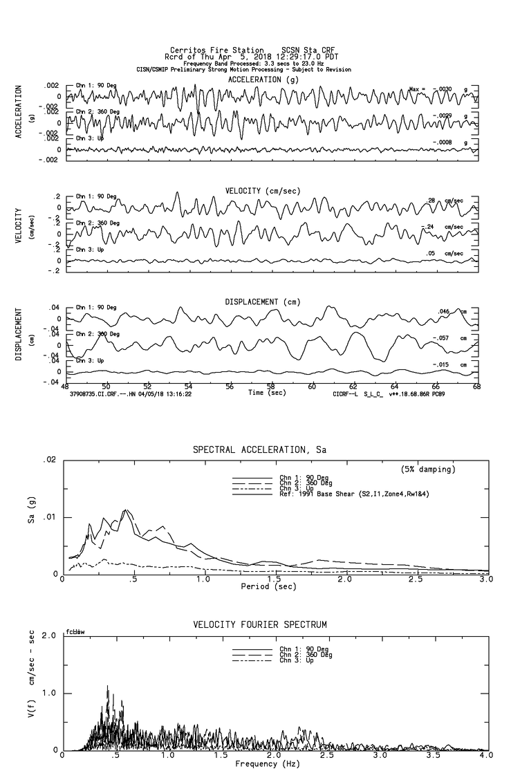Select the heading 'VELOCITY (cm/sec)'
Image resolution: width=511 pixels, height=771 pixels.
262,190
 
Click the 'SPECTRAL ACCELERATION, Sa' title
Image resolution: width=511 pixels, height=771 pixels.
259,450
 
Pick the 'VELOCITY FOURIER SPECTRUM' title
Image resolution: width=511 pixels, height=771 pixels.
259,624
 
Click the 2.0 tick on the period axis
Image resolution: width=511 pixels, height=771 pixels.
344,579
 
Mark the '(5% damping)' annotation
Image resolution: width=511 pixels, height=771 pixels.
428,469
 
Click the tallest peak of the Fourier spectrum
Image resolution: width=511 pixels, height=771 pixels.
107,687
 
